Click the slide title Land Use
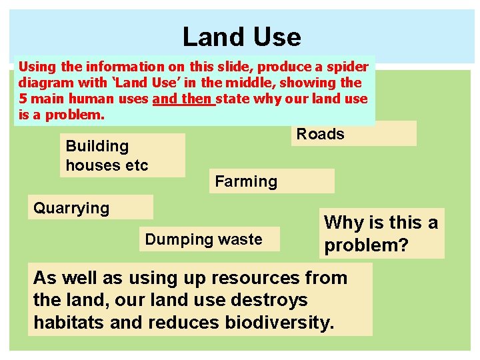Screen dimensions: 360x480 [x=241, y=37]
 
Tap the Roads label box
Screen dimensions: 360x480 [x=353, y=134]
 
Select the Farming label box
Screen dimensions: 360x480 [x=271, y=181]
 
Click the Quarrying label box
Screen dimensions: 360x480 [x=91, y=207]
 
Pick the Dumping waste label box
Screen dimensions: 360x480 [x=209, y=239]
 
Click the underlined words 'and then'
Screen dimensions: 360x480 [x=183, y=99]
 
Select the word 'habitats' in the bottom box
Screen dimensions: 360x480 [x=64, y=323]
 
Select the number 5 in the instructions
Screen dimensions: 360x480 [x=22, y=99]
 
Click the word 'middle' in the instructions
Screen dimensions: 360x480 [x=253, y=83]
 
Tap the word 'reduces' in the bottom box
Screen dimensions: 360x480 [x=180, y=323]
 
